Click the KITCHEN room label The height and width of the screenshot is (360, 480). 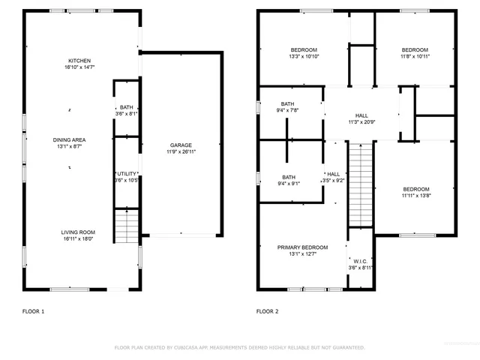(79, 60)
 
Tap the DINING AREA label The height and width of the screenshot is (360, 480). (68, 140)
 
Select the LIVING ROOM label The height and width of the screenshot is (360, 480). (78, 232)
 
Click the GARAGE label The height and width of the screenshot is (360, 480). (181, 145)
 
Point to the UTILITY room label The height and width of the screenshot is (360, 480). (127, 173)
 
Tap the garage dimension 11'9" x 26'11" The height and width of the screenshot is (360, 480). (181, 151)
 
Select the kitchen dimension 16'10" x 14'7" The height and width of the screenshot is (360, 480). (79, 67)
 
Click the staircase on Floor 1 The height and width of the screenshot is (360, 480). (127, 226)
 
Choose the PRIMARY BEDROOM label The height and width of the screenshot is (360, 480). (303, 247)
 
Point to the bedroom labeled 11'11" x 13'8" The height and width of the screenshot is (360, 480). (415, 189)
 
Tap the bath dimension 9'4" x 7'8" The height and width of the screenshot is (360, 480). (288, 110)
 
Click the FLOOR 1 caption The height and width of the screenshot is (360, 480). (34, 310)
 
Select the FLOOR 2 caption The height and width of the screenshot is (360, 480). (268, 310)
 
